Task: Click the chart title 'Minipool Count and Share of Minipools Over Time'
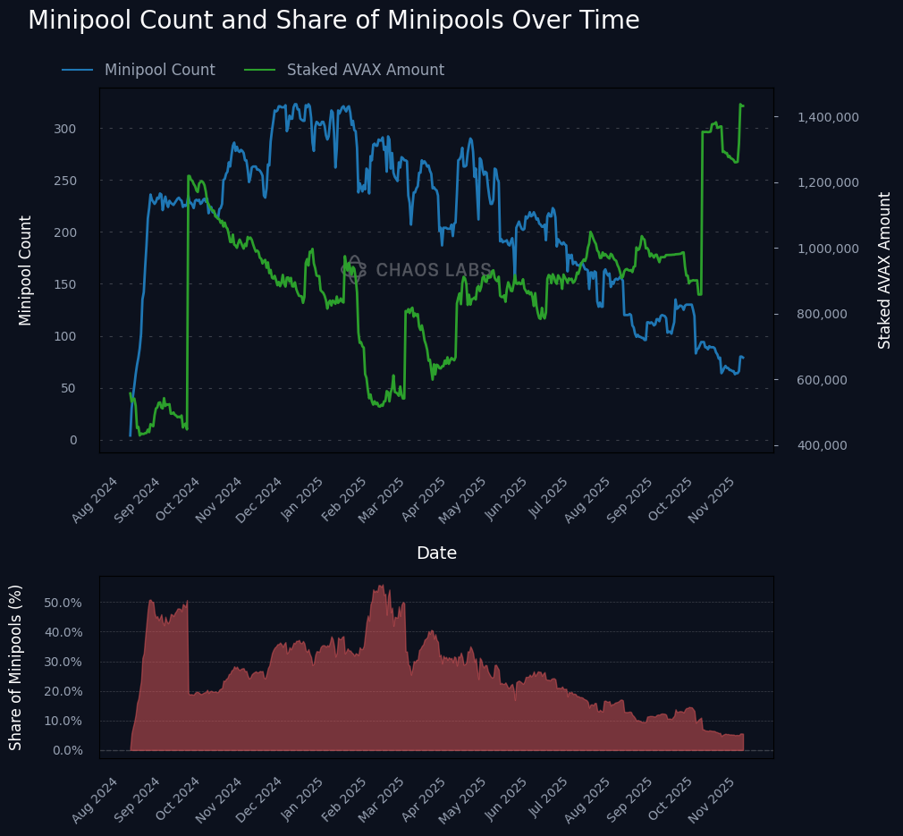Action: [333, 21]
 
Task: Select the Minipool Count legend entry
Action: [159, 70]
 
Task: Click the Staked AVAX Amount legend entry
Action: [365, 70]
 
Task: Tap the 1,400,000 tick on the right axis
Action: [828, 117]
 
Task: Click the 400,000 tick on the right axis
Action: [828, 445]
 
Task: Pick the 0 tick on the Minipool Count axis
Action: [72, 440]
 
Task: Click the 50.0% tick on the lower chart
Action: [63, 603]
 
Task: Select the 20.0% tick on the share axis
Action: [63, 691]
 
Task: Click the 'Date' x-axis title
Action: [436, 553]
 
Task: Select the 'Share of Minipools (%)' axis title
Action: [16, 667]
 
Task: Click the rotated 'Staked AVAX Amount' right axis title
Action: [885, 270]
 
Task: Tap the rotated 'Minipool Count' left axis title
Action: [25, 270]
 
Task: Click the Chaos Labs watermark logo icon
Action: [355, 269]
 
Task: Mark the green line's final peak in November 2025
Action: [740, 105]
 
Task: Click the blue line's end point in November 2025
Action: [743, 358]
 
